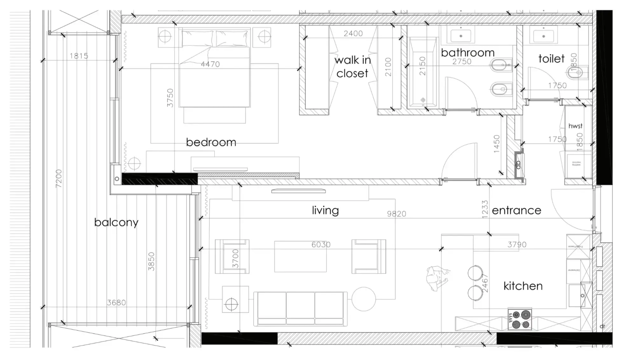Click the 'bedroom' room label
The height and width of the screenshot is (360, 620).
tap(211, 142)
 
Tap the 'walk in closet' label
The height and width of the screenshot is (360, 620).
tap(352, 66)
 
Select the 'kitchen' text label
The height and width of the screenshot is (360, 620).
tap(523, 286)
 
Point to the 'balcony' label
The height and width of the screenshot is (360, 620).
tap(116, 222)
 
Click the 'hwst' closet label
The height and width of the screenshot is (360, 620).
tap(575, 126)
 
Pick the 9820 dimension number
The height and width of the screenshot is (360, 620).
tap(396, 214)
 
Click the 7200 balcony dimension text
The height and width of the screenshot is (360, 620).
tap(59, 178)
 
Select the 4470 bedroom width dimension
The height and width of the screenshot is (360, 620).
tap(210, 64)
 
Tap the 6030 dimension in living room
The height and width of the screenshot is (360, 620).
tap(321, 245)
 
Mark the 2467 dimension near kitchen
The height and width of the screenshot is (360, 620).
tap(485, 283)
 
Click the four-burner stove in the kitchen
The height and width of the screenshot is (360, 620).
tap(520, 320)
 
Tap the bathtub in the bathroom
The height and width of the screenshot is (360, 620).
tap(423, 73)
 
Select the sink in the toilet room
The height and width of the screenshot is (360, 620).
tap(543, 36)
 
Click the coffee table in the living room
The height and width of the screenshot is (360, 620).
tap(300, 257)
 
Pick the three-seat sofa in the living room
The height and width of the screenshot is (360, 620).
tap(300, 308)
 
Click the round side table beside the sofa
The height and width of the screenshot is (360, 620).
tap(363, 299)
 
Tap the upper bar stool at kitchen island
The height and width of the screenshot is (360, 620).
tap(475, 273)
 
